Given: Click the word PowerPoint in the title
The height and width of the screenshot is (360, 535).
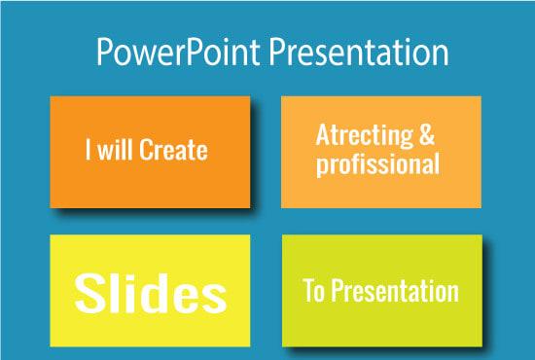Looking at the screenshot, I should click(x=161, y=54).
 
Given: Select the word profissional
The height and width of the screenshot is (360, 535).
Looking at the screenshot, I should click(x=377, y=164).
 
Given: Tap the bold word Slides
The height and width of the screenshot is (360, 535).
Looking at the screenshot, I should click(x=151, y=293).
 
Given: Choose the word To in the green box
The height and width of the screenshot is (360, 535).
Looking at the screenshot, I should click(x=316, y=292).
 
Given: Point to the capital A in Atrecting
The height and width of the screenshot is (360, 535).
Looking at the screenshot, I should click(x=322, y=136).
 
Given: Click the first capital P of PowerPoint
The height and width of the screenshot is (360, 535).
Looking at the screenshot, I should click(x=104, y=54).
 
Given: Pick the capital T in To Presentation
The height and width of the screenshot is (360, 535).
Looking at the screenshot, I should click(x=309, y=292).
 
